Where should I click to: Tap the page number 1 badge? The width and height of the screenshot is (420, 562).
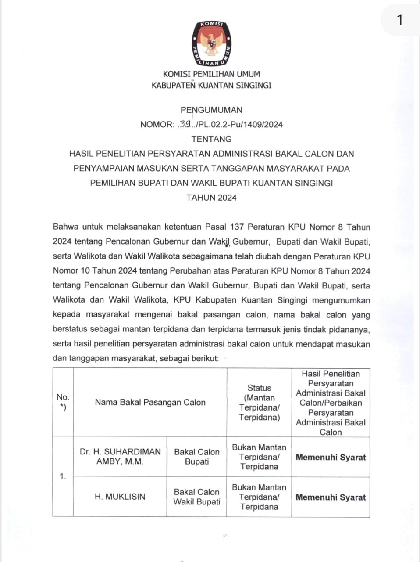point(399,20)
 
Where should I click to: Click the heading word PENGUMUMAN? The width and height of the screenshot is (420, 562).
point(211,110)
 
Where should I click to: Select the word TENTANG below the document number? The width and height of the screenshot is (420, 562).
point(211,139)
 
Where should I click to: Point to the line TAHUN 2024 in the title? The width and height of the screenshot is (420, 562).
point(211,198)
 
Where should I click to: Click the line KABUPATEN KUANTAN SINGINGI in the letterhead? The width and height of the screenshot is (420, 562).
point(211,85)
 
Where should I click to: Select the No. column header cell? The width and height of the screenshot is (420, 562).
point(63,402)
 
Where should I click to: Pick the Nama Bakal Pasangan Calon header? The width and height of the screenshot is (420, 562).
point(150,402)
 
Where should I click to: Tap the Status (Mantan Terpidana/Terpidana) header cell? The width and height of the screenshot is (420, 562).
point(259,402)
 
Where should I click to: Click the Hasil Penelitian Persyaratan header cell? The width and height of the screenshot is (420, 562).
point(331,402)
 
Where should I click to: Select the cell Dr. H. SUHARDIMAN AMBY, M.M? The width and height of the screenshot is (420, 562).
point(120,457)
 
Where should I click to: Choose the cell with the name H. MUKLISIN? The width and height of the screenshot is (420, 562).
point(120,497)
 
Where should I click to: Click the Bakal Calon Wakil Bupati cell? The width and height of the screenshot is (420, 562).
point(197,497)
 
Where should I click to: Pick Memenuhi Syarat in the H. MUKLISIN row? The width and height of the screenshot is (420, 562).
point(331,497)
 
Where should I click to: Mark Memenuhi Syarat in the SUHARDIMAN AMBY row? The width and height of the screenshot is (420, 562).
point(331,457)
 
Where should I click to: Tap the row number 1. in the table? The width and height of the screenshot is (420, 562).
point(63,476)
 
